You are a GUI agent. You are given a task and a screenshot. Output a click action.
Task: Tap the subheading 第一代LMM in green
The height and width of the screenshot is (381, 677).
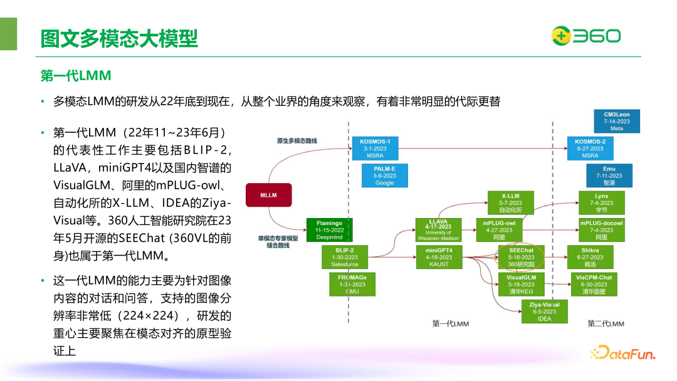click(x=76, y=76)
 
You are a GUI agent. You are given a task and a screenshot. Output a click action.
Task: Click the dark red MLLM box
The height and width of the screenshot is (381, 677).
click(x=268, y=195)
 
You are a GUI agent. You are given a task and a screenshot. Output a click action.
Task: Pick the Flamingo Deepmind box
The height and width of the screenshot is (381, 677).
click(x=330, y=230)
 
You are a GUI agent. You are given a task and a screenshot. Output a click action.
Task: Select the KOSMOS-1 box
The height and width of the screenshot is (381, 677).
click(x=375, y=148)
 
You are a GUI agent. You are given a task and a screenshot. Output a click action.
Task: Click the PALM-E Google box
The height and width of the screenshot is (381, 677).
click(x=384, y=175)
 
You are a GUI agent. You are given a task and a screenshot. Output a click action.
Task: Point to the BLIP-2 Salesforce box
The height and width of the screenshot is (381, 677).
click(x=344, y=257)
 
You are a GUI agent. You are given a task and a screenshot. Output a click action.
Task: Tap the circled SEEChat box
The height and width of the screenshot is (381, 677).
click(x=517, y=257)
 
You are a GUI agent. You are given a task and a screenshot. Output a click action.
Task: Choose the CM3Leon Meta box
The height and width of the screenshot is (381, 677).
click(x=617, y=122)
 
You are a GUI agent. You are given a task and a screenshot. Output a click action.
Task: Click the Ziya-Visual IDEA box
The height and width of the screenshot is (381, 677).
click(x=544, y=311)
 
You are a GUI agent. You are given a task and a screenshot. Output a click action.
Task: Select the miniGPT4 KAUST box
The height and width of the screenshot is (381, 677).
click(x=438, y=257)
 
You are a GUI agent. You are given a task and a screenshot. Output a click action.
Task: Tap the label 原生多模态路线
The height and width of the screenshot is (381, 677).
click(x=297, y=141)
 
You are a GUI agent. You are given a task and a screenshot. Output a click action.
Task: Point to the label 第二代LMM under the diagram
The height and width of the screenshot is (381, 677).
click(x=606, y=324)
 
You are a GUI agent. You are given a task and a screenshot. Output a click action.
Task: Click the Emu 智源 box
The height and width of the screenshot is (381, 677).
click(x=609, y=175)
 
